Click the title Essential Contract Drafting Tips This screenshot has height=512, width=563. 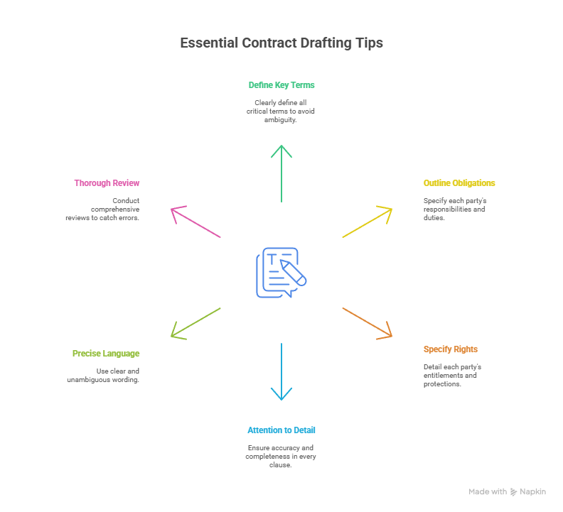[281, 43]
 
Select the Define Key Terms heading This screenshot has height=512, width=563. [281, 85]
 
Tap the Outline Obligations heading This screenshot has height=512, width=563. [459, 183]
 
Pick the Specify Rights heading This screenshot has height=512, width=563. [451, 349]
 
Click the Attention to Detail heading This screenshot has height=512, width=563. [281, 430]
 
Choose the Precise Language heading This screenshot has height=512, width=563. [106, 354]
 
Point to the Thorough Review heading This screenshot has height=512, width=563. [107, 183]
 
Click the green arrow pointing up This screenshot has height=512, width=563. [281, 173]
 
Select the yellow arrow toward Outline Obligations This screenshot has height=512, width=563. [367, 222]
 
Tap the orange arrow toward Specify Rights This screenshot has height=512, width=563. [367, 322]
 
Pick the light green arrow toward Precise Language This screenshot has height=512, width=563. [196, 322]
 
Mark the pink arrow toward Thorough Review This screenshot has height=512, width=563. [196, 222]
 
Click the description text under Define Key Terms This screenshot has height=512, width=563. [281, 111]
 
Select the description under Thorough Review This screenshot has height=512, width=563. [106, 209]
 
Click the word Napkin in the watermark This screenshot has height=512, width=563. [532, 492]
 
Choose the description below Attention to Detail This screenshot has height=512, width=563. [281, 457]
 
